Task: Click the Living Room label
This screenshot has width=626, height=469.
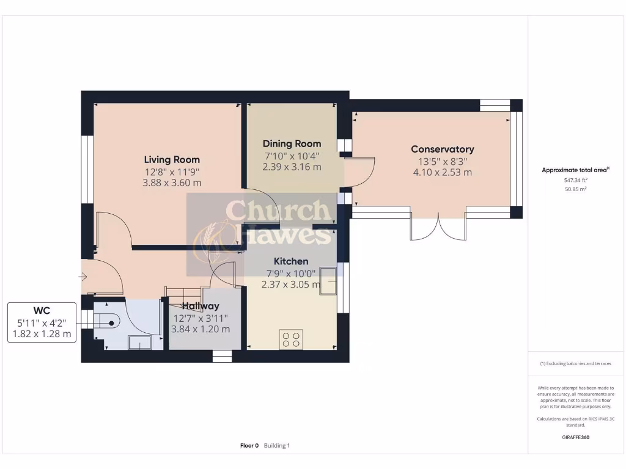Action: (x=172, y=159)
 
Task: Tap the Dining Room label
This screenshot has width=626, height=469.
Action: (x=292, y=144)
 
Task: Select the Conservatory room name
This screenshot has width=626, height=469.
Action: (x=442, y=149)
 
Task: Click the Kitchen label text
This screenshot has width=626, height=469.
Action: (x=290, y=261)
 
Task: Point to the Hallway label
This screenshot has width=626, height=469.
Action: (x=201, y=306)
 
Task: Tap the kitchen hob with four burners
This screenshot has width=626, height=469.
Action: (x=290, y=338)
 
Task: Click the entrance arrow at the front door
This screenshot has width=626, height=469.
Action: (x=83, y=277)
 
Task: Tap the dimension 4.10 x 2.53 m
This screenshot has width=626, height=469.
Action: (x=442, y=172)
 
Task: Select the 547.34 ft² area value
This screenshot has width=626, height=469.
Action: (x=575, y=181)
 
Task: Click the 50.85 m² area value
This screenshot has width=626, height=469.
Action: (x=575, y=189)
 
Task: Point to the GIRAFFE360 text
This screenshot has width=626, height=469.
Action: (x=575, y=437)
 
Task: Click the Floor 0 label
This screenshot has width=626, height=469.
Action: (x=249, y=446)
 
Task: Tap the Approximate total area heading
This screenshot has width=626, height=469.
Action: (x=574, y=170)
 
